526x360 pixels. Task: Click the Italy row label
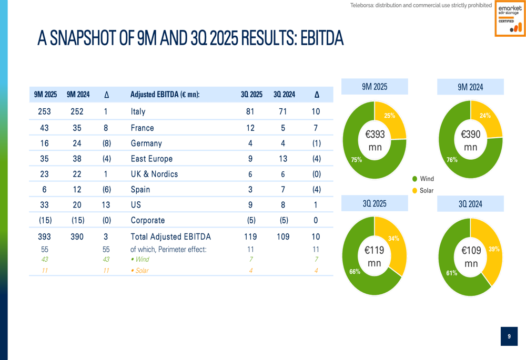(138, 111)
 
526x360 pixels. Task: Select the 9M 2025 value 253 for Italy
(45, 111)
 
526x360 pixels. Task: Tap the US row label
(136, 205)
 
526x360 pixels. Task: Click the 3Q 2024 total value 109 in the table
(283, 237)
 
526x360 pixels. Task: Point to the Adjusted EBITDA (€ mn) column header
(165, 95)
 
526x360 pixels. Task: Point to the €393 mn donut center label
(375, 140)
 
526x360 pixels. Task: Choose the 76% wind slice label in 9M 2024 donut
(451, 160)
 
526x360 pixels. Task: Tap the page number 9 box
(509, 336)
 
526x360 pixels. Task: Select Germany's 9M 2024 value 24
(77, 143)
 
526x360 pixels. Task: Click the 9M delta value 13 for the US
(106, 205)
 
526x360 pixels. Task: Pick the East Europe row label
(151, 159)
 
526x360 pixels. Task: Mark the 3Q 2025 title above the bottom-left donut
(375, 203)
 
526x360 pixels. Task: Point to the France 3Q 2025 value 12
(250, 128)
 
